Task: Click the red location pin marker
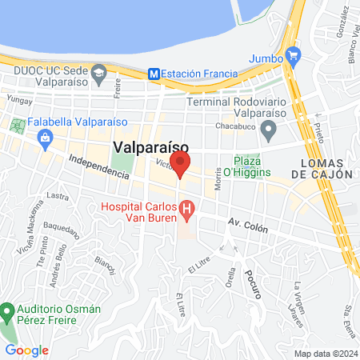point(181,163)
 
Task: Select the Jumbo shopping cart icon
point(294,57)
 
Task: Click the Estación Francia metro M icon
point(154,73)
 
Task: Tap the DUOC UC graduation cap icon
point(98,74)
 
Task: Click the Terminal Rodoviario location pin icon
point(269,129)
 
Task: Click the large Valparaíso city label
point(151,147)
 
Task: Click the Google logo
point(26,350)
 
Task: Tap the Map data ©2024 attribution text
point(325,354)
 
